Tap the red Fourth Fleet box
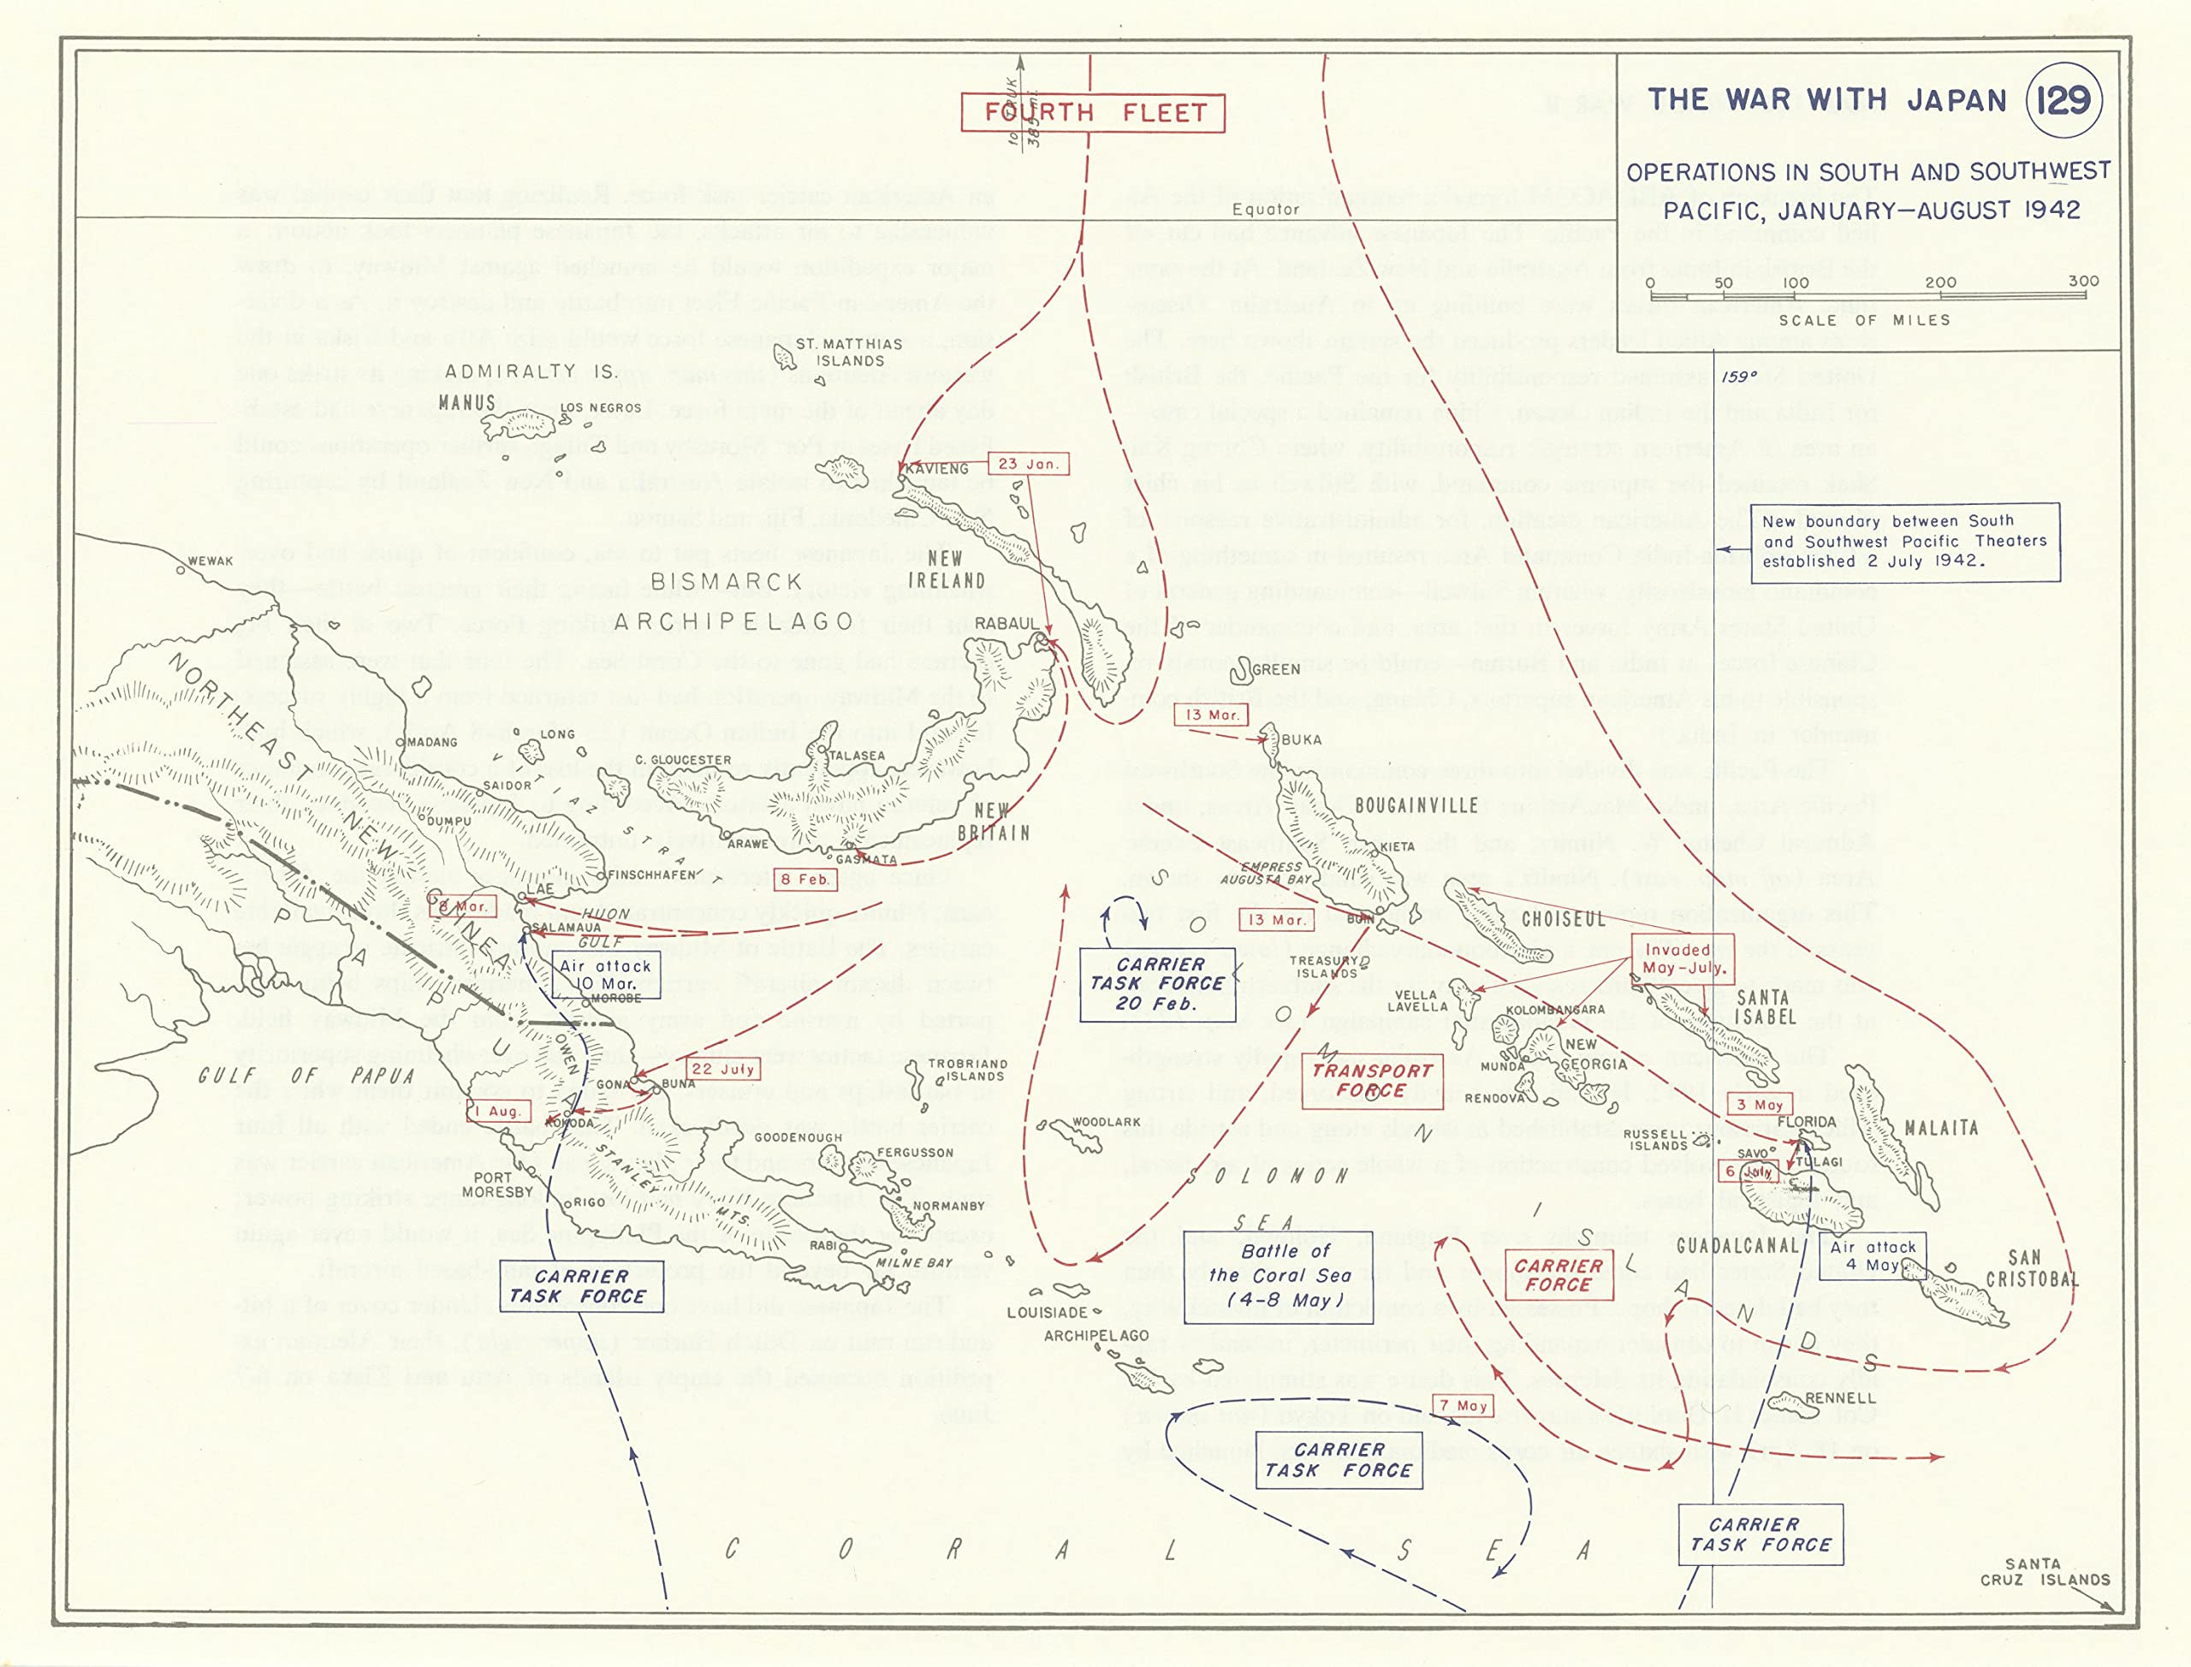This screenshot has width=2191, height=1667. (x=1093, y=112)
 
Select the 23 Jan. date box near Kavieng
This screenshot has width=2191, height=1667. (x=1028, y=463)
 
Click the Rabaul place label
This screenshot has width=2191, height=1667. (x=1006, y=623)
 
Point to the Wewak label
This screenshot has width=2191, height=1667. (x=211, y=561)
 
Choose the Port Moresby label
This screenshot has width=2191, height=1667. (x=498, y=1184)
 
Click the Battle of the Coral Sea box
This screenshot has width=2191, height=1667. (x=1279, y=1276)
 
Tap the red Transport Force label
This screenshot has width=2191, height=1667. (x=1371, y=1080)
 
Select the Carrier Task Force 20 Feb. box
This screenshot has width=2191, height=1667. (x=1157, y=983)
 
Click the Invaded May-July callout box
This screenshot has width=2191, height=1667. (x=1683, y=958)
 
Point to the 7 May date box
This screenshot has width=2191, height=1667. (x=1464, y=1405)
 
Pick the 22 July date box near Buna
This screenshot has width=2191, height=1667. (x=723, y=1069)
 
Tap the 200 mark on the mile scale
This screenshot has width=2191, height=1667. (x=1939, y=282)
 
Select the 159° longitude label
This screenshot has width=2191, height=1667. (x=1737, y=377)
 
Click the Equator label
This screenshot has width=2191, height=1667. (x=1265, y=210)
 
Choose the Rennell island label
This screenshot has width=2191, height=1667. (x=1840, y=1397)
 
